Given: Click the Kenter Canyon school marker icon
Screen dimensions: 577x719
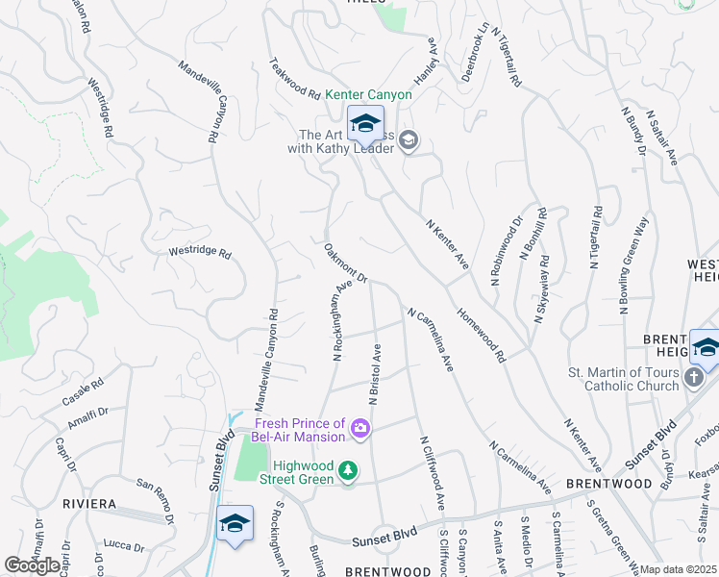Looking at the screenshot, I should [365, 123].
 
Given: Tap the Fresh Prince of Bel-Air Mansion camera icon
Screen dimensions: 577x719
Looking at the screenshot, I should [360, 428].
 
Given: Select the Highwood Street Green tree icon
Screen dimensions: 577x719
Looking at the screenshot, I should [348, 471].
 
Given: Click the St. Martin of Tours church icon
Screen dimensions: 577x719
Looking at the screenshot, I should [695, 380].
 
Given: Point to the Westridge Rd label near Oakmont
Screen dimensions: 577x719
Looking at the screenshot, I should [200, 254].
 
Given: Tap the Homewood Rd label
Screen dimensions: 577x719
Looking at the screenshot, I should [482, 336].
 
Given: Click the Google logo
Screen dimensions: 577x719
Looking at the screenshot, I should [32, 565].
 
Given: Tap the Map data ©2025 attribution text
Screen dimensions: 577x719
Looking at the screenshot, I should [679, 569].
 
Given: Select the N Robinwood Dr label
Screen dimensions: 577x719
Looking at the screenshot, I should [506, 250].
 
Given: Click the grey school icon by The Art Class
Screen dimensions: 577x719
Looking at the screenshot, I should [409, 141].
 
